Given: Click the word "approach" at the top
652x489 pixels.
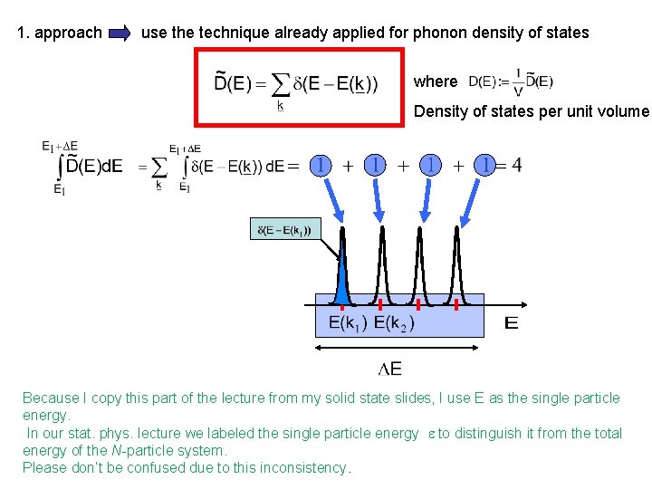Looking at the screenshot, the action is tap(72, 33).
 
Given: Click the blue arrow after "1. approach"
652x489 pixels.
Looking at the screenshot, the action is tap(120, 34).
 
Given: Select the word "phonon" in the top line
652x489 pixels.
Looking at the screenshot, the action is tap(439, 33).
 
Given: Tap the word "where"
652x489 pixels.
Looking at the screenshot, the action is tap(436, 81).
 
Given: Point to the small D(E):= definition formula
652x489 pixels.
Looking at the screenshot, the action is tap(510, 82).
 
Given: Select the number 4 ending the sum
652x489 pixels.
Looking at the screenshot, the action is tap(515, 165).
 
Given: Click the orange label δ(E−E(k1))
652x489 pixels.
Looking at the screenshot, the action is tap(283, 230).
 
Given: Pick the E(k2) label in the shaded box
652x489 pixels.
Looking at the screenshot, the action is tap(395, 322).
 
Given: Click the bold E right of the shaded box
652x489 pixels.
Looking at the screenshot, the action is tap(512, 322).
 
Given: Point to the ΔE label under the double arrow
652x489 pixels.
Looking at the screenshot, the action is tap(390, 368).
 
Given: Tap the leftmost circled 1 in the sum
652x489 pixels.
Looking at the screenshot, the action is tap(321, 165).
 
